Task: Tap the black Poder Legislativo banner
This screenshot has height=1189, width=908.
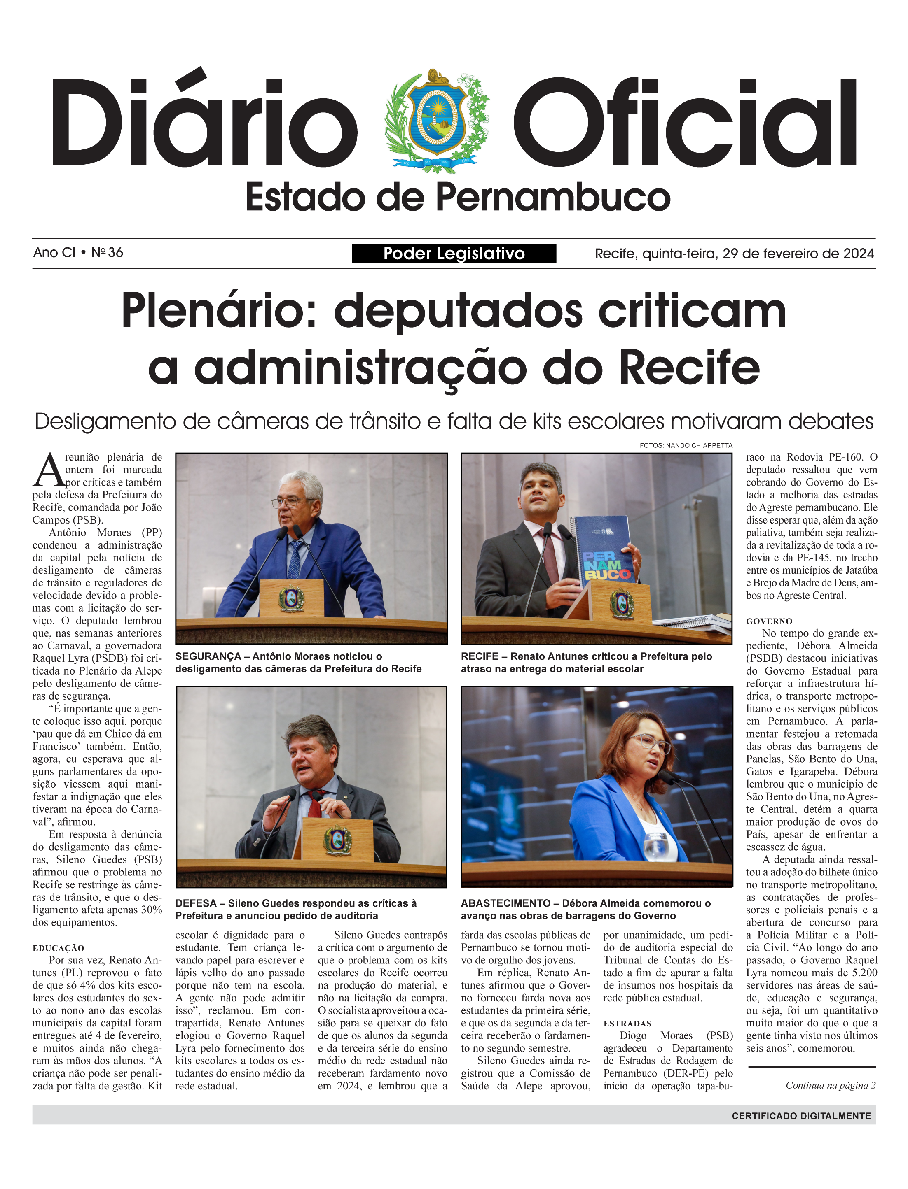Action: click(x=454, y=253)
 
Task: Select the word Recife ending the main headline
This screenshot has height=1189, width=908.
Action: click(x=689, y=368)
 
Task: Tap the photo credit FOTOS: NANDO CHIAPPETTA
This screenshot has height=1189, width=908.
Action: click(x=686, y=445)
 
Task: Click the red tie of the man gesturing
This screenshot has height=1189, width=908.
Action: click(x=316, y=805)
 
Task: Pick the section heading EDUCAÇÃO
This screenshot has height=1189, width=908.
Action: click(x=59, y=948)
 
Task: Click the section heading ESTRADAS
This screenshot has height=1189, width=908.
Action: click(x=627, y=1024)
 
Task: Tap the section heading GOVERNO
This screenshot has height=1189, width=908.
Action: click(x=769, y=621)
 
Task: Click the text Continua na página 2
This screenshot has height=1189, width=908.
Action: click(x=830, y=1085)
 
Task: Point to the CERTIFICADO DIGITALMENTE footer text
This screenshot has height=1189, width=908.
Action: click(x=801, y=1116)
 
